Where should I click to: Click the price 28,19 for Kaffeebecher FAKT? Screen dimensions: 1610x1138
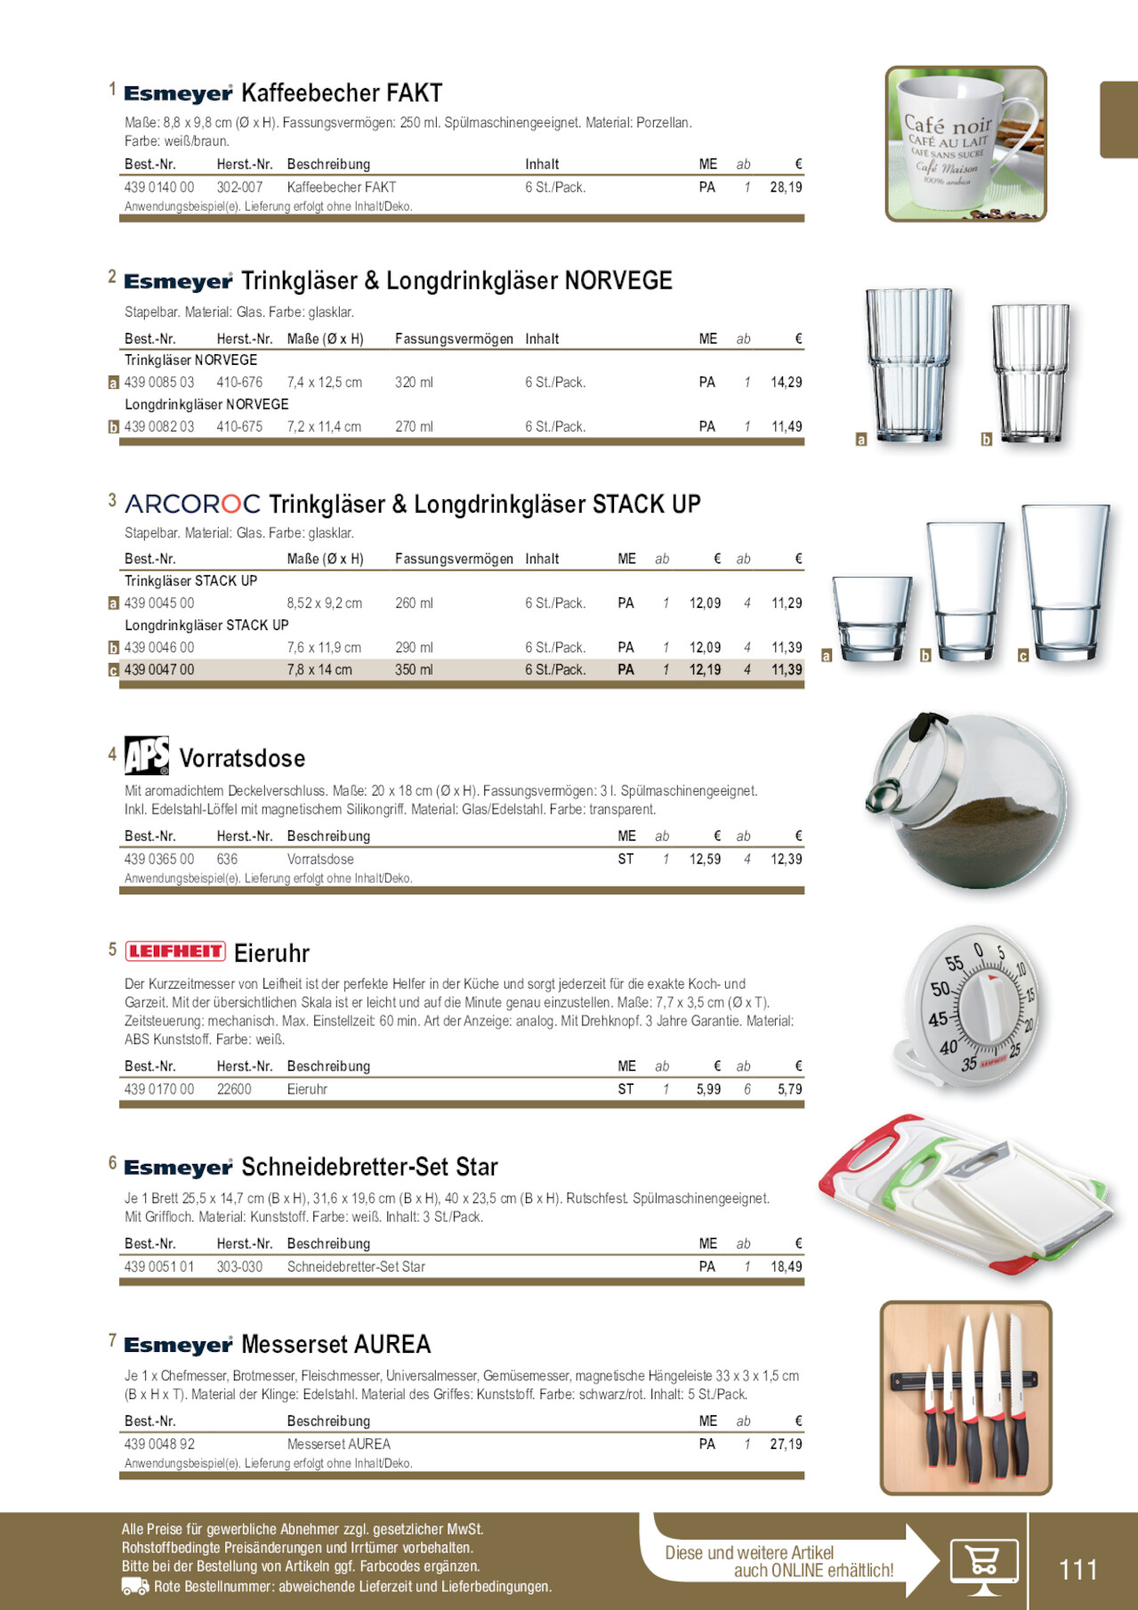(786, 188)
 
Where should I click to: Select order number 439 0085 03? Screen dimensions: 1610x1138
(159, 383)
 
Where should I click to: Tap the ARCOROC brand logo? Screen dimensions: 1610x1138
(192, 505)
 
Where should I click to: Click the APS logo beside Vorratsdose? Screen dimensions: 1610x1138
(147, 756)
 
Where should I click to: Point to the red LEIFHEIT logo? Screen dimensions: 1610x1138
(175, 951)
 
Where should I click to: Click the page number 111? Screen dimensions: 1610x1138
(1077, 1569)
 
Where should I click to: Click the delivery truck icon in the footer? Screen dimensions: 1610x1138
(134, 1587)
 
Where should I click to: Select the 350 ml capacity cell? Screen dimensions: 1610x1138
(414, 670)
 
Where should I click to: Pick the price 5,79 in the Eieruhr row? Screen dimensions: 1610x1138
(789, 1089)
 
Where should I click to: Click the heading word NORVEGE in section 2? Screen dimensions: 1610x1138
(618, 281)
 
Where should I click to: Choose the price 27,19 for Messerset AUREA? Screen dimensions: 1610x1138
(786, 1444)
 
